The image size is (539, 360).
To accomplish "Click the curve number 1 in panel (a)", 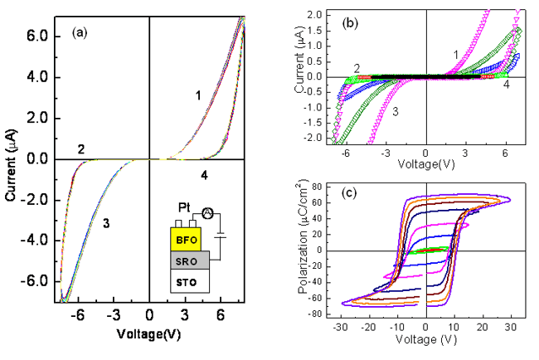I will (197, 96).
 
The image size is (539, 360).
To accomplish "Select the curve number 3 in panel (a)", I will (106, 223).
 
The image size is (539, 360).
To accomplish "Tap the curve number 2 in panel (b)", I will (356, 68).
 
